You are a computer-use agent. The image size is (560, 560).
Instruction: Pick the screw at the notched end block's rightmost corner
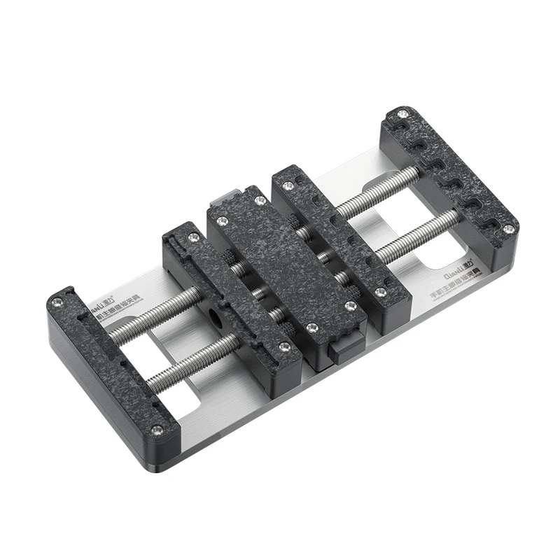(509, 228)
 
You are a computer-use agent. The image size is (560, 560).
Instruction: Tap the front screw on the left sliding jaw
(283, 346)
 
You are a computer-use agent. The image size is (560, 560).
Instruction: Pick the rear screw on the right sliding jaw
(287, 185)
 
